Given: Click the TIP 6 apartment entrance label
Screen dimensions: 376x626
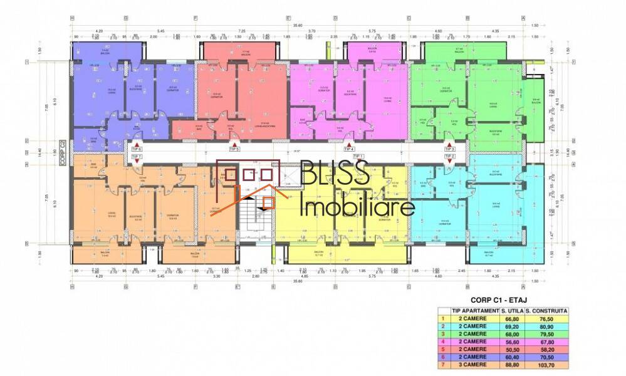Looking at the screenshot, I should pos(137,149).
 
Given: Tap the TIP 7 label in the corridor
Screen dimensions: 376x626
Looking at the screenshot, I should pos(137,156).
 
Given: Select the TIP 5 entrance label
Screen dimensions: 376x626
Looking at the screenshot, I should pos(234,149).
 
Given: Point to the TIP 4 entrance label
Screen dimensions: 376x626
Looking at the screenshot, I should pos(349,149).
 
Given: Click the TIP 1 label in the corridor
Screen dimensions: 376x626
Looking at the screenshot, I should pos(358,156).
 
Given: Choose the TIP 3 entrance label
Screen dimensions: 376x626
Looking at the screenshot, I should pos(450,149).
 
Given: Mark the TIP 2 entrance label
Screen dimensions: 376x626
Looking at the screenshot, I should pos(450,156).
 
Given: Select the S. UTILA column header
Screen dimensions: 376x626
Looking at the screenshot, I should pos(511,310).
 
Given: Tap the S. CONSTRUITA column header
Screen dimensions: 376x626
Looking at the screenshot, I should pos(546,310).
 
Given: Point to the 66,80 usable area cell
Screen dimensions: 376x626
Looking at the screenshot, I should pos(511,318).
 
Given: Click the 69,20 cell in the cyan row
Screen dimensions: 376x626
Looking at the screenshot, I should pos(511,325).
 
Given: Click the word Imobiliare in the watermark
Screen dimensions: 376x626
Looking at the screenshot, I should pos(357,206).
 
